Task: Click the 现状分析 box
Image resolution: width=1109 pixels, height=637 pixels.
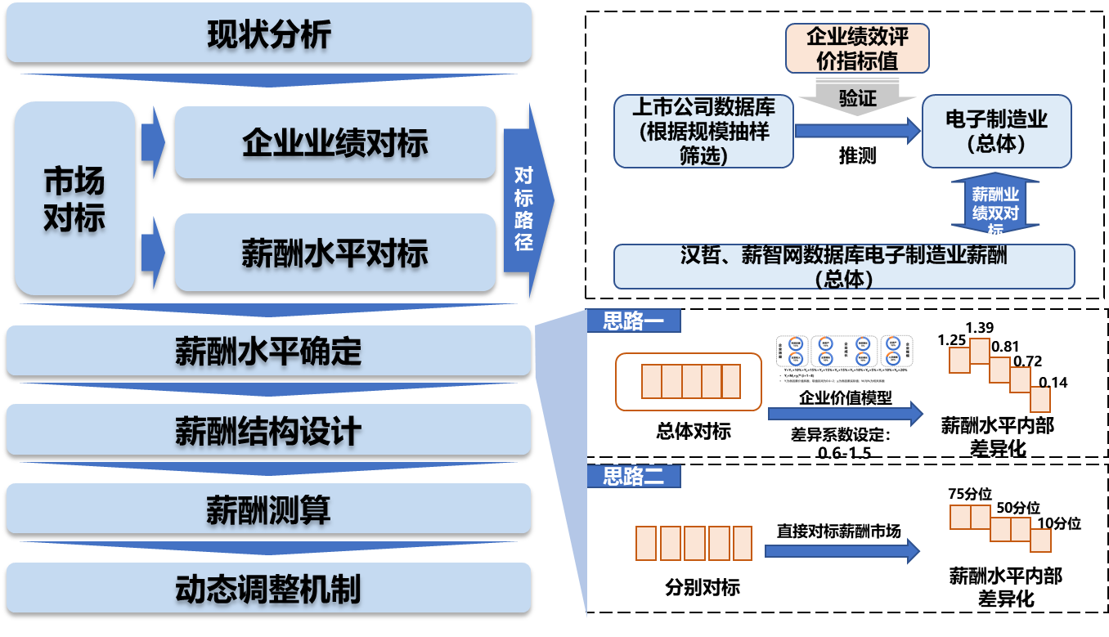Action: pyautogui.click(x=269, y=34)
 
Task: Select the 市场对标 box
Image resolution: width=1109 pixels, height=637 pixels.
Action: pyautogui.click(x=74, y=198)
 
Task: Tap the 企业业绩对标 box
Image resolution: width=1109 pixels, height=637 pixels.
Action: pyautogui.click(x=335, y=142)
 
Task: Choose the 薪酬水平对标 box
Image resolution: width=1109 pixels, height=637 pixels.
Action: pyautogui.click(x=335, y=253)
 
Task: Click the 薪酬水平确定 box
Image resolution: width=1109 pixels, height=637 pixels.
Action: pyautogui.click(x=269, y=351)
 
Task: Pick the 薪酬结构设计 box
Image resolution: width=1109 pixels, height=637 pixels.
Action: pyautogui.click(x=269, y=430)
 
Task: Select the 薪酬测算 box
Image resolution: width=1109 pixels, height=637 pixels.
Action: pyautogui.click(x=269, y=509)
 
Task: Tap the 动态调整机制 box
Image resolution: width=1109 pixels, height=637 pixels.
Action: pyautogui.click(x=269, y=588)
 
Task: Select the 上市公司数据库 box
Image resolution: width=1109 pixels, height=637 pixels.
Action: pyautogui.click(x=703, y=131)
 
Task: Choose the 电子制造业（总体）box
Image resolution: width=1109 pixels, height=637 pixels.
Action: pyautogui.click(x=996, y=131)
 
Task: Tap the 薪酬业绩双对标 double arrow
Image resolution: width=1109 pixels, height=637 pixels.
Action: pyautogui.click(x=995, y=204)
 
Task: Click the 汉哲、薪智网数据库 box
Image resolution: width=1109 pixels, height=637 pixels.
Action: pyautogui.click(x=843, y=267)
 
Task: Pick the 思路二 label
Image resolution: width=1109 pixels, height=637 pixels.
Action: pyautogui.click(x=634, y=476)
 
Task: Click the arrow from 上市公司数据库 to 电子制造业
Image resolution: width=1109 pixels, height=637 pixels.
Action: pyautogui.click(x=857, y=130)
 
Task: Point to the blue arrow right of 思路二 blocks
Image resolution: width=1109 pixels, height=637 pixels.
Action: pyautogui.click(x=842, y=550)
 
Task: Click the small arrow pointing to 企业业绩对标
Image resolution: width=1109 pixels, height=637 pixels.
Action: pyautogui.click(x=152, y=143)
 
